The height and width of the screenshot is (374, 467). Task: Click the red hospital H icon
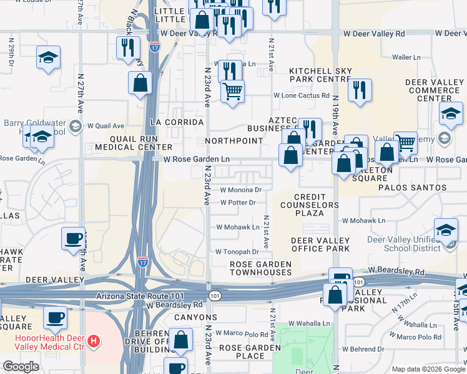[93, 341]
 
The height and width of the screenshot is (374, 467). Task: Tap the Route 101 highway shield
[215, 295]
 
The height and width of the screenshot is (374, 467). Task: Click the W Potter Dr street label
[238, 203]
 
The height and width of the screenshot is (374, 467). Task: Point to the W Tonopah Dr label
[237, 252]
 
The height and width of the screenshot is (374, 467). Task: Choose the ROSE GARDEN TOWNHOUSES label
[260, 268]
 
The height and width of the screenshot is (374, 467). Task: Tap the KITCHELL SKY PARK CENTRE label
[320, 79]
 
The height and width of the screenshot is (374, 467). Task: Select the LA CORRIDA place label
[172, 121]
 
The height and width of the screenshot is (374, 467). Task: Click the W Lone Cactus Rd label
[302, 95]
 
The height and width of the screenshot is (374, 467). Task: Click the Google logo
[21, 367]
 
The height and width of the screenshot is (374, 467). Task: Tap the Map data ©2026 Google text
[427, 369]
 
